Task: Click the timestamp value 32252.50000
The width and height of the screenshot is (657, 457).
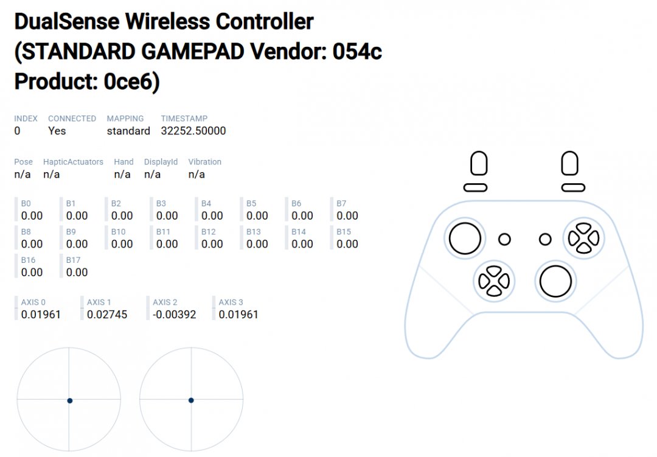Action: (x=193, y=131)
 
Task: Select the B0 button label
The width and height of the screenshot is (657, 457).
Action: (x=26, y=203)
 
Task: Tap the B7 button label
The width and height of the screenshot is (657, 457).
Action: (x=341, y=203)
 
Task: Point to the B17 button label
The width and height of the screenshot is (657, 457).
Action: (x=73, y=260)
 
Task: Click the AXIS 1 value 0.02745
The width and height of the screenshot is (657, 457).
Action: (x=107, y=315)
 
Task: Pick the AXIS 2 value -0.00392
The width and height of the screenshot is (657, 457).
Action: (x=175, y=315)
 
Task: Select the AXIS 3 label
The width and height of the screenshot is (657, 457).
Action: (x=231, y=302)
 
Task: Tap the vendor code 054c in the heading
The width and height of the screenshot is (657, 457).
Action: (x=357, y=52)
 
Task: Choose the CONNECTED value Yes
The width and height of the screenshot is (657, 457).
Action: (x=57, y=131)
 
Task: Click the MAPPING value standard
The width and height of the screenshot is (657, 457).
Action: (x=128, y=131)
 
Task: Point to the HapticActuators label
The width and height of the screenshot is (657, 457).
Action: (x=73, y=162)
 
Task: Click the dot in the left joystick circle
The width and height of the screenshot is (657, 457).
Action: (x=70, y=401)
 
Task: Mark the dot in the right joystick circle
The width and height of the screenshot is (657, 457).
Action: (x=191, y=400)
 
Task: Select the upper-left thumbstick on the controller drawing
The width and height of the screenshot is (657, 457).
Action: (x=465, y=239)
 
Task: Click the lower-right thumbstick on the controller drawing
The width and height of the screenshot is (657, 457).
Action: (x=555, y=281)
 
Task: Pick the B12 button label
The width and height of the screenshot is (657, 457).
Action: (x=208, y=232)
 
